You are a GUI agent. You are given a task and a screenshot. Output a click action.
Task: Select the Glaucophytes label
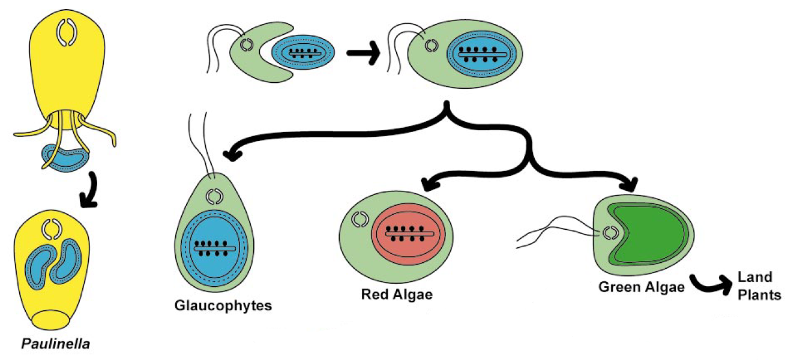pyautogui.click(x=223, y=305)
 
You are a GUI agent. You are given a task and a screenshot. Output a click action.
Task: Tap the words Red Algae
pyautogui.click(x=397, y=295)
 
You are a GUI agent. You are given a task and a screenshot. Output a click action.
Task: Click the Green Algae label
pyautogui.click(x=642, y=287)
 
